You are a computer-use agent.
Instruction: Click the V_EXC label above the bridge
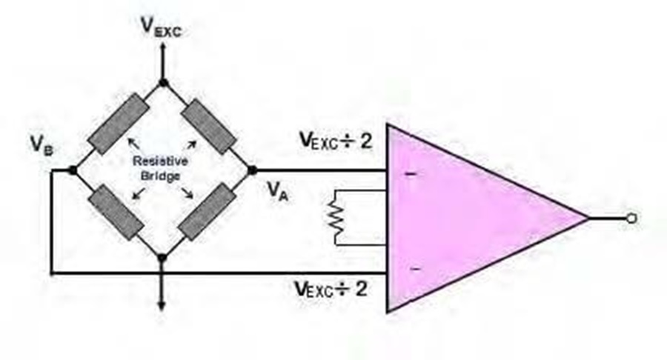point(162,27)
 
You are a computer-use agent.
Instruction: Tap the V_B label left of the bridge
point(42,144)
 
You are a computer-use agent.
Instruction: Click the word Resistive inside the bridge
point(160,161)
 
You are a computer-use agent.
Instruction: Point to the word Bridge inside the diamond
point(160,176)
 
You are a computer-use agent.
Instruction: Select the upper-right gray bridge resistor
point(208,126)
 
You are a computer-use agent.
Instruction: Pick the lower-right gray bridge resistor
point(207,212)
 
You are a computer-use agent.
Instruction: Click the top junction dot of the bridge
point(162,83)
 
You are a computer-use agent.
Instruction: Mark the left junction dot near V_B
point(73,170)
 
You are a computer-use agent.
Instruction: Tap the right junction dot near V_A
point(252,170)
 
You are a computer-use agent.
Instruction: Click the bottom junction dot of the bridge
point(162,258)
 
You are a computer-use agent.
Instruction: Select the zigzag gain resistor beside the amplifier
point(336,217)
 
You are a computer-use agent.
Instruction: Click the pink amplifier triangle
point(468,218)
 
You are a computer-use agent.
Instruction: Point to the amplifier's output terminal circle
point(631,219)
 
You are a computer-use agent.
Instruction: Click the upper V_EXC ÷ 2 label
point(336,141)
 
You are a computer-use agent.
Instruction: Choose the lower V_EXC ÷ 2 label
point(331,289)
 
